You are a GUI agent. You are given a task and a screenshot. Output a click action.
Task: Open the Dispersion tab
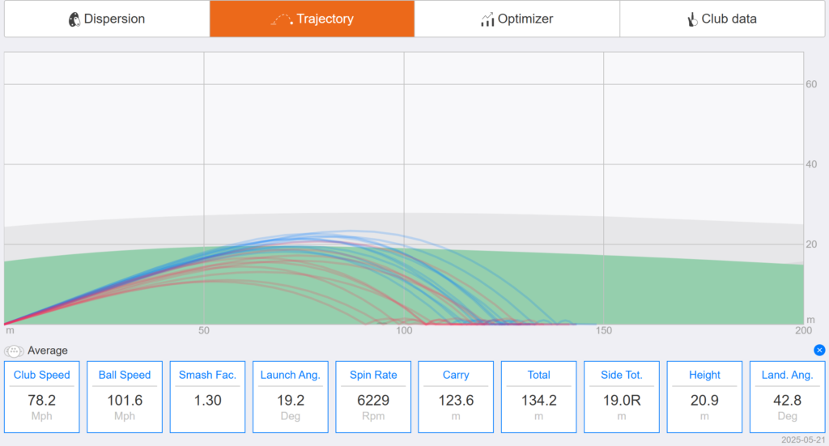[107, 19]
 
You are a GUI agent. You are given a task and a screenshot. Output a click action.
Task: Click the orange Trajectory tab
[312, 19]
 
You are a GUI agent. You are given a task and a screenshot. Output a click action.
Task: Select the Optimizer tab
[517, 19]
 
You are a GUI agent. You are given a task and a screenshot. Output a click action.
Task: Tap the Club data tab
[722, 19]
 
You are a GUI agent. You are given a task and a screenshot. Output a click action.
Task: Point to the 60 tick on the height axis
[811, 84]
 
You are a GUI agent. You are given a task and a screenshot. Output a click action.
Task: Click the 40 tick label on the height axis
[811, 164]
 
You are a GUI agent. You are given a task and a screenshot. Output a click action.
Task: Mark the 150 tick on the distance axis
[604, 330]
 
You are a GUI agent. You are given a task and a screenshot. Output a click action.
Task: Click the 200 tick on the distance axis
[804, 330]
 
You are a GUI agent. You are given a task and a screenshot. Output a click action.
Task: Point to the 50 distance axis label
[204, 330]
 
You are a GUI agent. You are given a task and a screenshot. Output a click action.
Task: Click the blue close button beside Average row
[819, 350]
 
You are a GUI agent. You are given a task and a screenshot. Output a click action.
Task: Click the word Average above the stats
[48, 350]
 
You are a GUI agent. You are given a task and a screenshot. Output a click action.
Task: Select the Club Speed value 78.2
[42, 401]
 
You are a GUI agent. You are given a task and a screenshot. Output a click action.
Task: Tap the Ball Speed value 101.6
[125, 401]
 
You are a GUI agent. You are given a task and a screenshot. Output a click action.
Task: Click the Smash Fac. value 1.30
[208, 401]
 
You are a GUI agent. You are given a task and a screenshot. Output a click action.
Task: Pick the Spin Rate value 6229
[373, 401]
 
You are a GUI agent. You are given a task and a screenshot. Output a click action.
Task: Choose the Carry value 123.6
[456, 401]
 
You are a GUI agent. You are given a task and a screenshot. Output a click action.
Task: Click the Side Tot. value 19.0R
[622, 401]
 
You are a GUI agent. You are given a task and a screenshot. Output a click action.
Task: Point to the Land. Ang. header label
[787, 376]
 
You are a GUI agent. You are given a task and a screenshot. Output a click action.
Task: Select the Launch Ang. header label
[291, 376]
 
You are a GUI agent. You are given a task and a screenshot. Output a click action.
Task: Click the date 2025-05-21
[803, 440]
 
